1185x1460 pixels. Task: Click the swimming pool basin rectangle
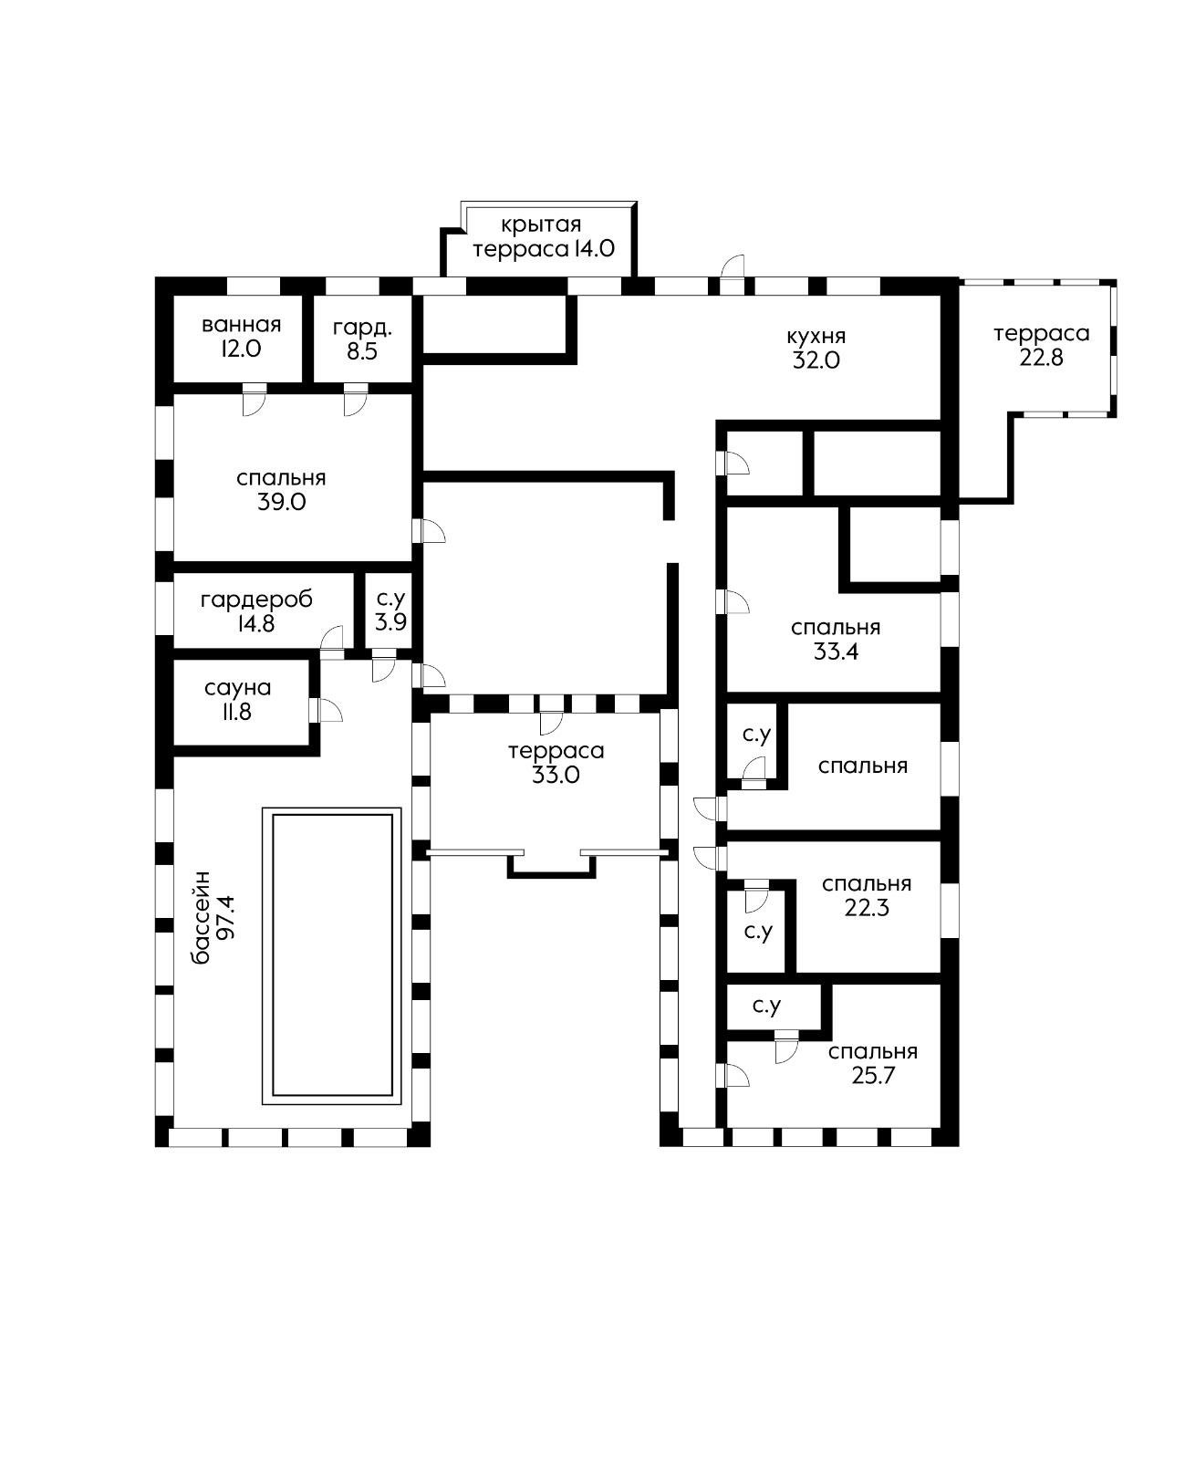click(x=333, y=954)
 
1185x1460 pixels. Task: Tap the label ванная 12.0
click(x=241, y=337)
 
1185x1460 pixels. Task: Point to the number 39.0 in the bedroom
click(x=281, y=502)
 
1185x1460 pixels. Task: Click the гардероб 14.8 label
click(x=256, y=611)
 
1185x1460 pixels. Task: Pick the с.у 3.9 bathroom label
click(x=390, y=610)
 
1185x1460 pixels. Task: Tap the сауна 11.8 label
click(x=237, y=699)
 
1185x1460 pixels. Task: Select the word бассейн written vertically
click(x=202, y=917)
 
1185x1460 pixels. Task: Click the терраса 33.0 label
click(x=556, y=763)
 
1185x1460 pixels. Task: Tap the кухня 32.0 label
click(x=816, y=348)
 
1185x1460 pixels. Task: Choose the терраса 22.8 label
click(x=1041, y=345)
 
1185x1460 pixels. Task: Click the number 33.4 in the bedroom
click(x=836, y=652)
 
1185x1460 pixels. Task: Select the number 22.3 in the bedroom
click(x=867, y=908)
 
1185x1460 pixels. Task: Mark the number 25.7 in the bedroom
click(x=873, y=1076)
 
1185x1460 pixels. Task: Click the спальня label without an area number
click(x=863, y=766)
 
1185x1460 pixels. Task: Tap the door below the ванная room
click(x=254, y=400)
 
